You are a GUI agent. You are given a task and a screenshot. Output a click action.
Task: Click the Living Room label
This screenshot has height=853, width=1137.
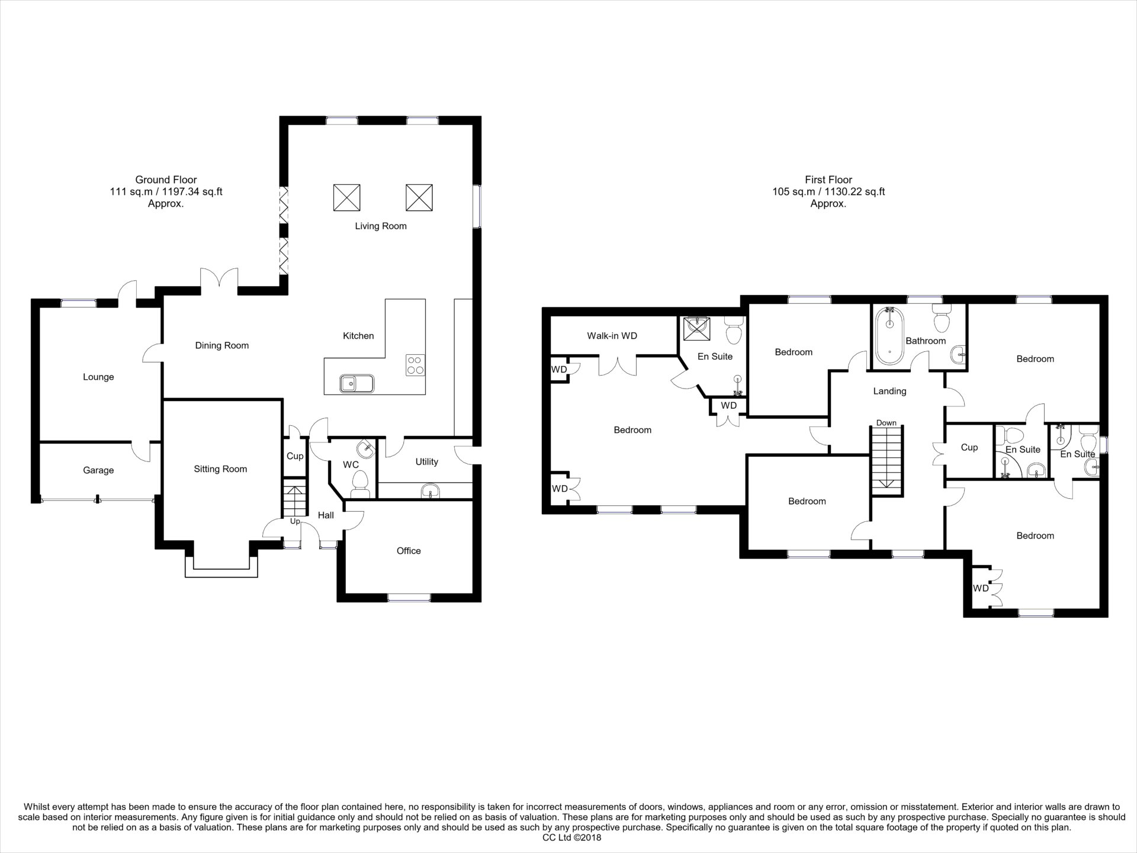pyautogui.click(x=381, y=226)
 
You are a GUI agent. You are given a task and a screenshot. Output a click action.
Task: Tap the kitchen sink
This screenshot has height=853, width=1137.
pyautogui.click(x=356, y=384)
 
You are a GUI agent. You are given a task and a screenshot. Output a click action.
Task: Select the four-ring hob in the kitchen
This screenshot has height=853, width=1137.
pyautogui.click(x=415, y=364)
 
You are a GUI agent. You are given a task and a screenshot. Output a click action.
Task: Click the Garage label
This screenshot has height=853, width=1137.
pyautogui.click(x=98, y=470)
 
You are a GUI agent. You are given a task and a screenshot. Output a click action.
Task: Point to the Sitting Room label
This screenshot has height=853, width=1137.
pyautogui.click(x=220, y=469)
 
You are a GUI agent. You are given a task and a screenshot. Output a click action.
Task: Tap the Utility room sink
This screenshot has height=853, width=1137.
pyautogui.click(x=431, y=491)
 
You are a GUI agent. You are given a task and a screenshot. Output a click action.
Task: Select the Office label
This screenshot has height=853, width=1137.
pyautogui.click(x=409, y=551)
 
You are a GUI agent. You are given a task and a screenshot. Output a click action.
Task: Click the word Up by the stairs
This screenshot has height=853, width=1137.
pyautogui.click(x=295, y=521)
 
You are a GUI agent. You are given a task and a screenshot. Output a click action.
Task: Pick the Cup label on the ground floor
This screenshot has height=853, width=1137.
pyautogui.click(x=295, y=456)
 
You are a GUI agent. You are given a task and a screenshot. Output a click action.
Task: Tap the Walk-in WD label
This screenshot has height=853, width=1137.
pyautogui.click(x=612, y=336)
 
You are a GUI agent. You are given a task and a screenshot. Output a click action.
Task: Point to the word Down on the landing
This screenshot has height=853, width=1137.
pyautogui.click(x=887, y=423)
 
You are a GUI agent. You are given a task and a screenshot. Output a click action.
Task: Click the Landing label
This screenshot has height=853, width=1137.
pyautogui.click(x=889, y=391)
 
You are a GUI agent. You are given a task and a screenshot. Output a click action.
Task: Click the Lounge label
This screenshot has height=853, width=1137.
pyautogui.click(x=98, y=377)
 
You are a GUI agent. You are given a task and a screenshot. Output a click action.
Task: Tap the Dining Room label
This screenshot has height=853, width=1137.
pyautogui.click(x=222, y=345)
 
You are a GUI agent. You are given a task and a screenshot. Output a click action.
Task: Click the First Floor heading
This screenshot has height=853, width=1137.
pyautogui.click(x=828, y=179)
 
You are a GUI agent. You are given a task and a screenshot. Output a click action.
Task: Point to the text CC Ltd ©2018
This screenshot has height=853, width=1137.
pyautogui.click(x=571, y=838)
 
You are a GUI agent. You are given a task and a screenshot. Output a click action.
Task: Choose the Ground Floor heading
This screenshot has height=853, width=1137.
pyautogui.click(x=166, y=179)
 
